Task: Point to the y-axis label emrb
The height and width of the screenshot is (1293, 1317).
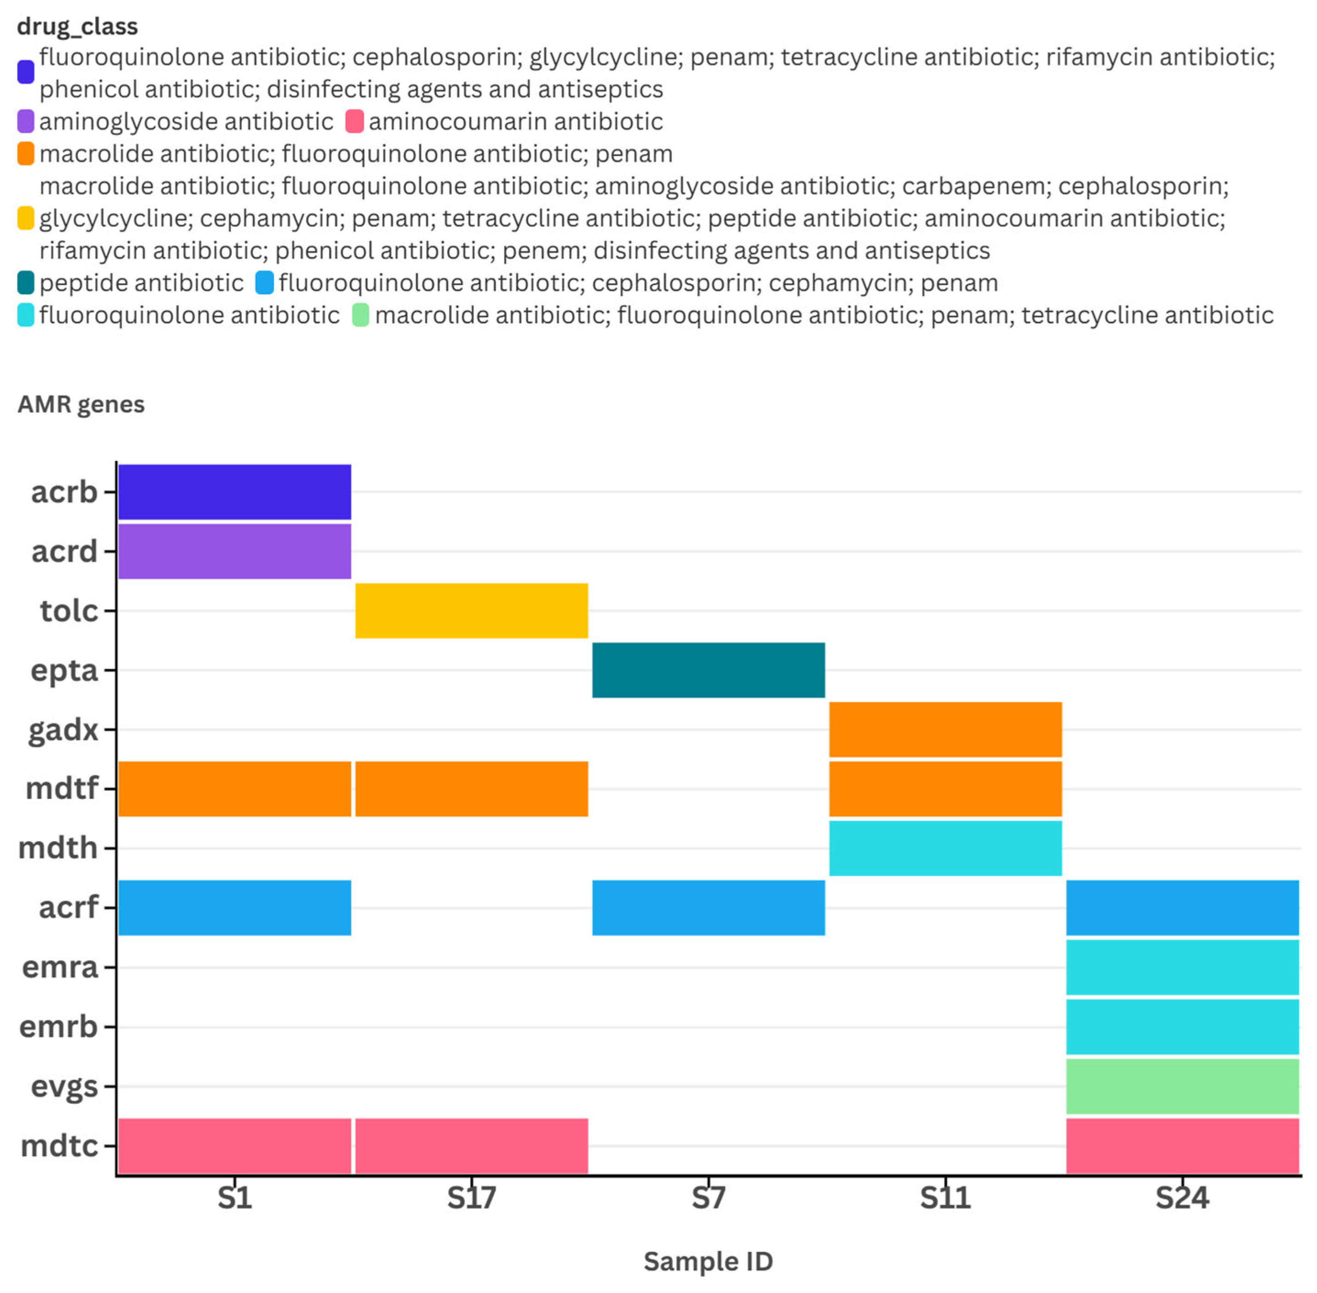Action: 58,1026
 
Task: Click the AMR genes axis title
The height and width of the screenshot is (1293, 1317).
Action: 81,404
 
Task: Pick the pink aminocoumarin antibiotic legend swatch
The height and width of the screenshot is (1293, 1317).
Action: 354,121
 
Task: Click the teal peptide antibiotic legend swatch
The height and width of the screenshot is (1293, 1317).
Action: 26,282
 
